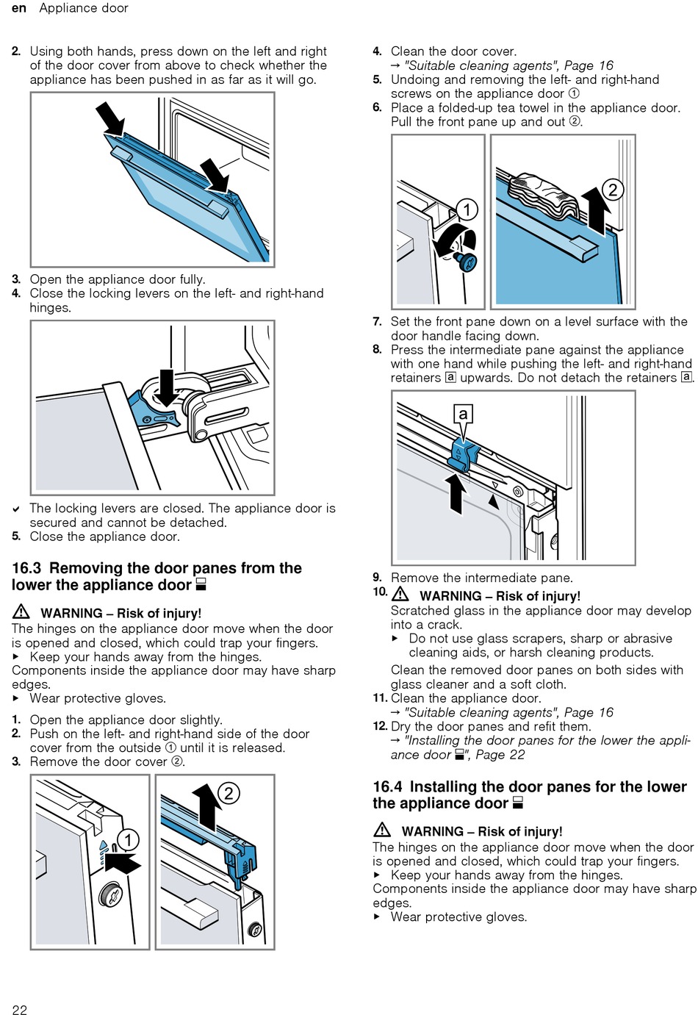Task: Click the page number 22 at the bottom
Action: click(20, 1009)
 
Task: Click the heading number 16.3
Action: click(26, 568)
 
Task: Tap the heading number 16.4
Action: click(387, 786)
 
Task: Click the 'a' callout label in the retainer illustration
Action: click(463, 415)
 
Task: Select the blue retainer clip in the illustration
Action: click(463, 454)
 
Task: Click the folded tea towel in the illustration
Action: click(544, 195)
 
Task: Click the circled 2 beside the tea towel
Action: click(612, 190)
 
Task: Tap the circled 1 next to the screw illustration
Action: click(467, 209)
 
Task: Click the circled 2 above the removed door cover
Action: click(229, 792)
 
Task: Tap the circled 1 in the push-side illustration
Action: click(128, 839)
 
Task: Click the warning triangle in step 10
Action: click(400, 595)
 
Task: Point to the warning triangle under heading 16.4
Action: click(382, 831)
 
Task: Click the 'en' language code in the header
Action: click(19, 8)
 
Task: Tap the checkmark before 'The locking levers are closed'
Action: click(16, 509)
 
